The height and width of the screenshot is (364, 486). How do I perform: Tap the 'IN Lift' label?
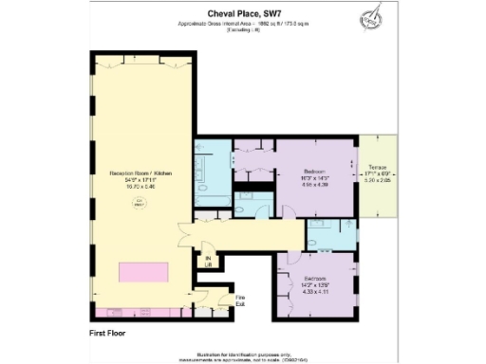208,262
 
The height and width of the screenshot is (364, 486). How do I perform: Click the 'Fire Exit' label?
240,301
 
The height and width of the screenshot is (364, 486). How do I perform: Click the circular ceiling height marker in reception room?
142,201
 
